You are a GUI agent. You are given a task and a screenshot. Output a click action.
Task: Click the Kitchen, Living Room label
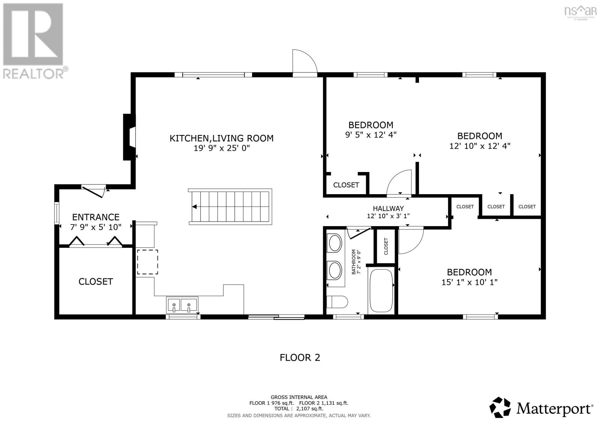pos(221,138)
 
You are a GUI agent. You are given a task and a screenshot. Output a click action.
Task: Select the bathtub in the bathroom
pos(381,291)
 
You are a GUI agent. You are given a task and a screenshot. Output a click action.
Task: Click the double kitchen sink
pos(183,305)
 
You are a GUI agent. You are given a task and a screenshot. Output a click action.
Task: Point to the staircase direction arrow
pos(194,207)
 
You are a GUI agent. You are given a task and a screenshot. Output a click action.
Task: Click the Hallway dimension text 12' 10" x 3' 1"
pos(388,216)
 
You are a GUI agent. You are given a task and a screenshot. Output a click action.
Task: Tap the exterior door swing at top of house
pos(304,61)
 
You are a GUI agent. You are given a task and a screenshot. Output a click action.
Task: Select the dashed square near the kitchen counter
pos(147,262)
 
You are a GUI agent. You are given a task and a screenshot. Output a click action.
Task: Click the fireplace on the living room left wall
pos(129,137)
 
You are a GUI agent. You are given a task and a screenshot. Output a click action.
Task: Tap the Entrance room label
pos(96,217)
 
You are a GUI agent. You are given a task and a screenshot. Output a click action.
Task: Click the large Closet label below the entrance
pos(96,282)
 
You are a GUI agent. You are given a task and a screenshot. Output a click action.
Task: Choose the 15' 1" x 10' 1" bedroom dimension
pos(469,282)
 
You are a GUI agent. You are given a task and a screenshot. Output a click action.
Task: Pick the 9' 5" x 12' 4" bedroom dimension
pos(370,135)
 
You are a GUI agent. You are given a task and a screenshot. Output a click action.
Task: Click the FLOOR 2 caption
pos(300,357)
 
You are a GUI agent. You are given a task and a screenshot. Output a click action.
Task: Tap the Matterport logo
pos(541,408)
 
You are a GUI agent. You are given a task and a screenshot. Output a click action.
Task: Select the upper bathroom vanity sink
pos(335,243)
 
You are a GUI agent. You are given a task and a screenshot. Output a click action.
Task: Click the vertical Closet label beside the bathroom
pos(386,246)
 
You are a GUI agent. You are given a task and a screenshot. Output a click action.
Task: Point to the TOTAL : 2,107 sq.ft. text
pos(298,409)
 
